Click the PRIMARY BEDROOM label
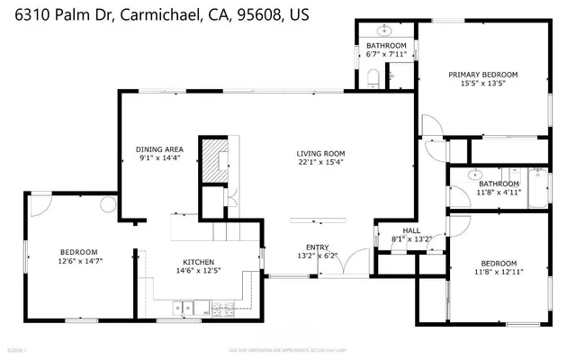(x=483, y=75)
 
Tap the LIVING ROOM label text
(x=321, y=154)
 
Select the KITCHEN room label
(x=193, y=262)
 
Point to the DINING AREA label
(x=159, y=149)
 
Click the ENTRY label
(x=318, y=247)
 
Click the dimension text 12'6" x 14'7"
(x=79, y=262)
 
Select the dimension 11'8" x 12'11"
(x=499, y=271)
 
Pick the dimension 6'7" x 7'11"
(x=386, y=54)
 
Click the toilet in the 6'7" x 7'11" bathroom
(x=373, y=77)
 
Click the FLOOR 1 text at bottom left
(x=17, y=347)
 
